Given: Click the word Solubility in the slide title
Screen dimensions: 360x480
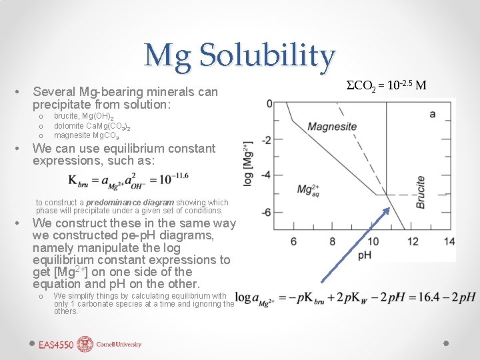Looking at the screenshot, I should point(271,56).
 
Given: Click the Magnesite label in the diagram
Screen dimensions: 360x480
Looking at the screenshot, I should point(331,127).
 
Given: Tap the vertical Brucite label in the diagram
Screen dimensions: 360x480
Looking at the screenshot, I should point(420,193).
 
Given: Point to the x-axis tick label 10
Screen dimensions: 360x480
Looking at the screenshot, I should point(373,241).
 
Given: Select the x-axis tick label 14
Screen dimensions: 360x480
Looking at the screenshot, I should point(449,241).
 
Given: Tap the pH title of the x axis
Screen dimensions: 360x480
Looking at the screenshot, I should point(365,255).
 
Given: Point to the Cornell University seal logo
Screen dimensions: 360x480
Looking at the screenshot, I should point(85,344).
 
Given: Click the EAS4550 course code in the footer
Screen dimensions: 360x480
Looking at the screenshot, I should point(56,345).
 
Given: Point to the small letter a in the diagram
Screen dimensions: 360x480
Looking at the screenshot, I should point(432,114).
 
